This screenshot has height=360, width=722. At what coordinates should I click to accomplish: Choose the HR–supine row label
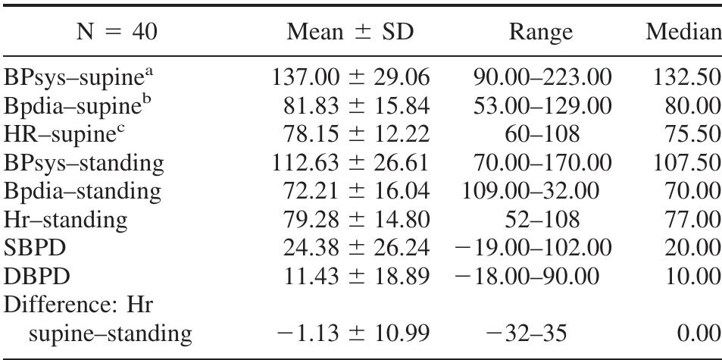70,133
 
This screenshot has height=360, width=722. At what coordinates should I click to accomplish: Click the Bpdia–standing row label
83,189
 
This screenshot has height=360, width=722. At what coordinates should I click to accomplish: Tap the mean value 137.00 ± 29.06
351,78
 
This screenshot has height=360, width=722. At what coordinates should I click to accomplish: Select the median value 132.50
683,78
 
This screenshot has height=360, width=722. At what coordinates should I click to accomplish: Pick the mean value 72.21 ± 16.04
358,189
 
